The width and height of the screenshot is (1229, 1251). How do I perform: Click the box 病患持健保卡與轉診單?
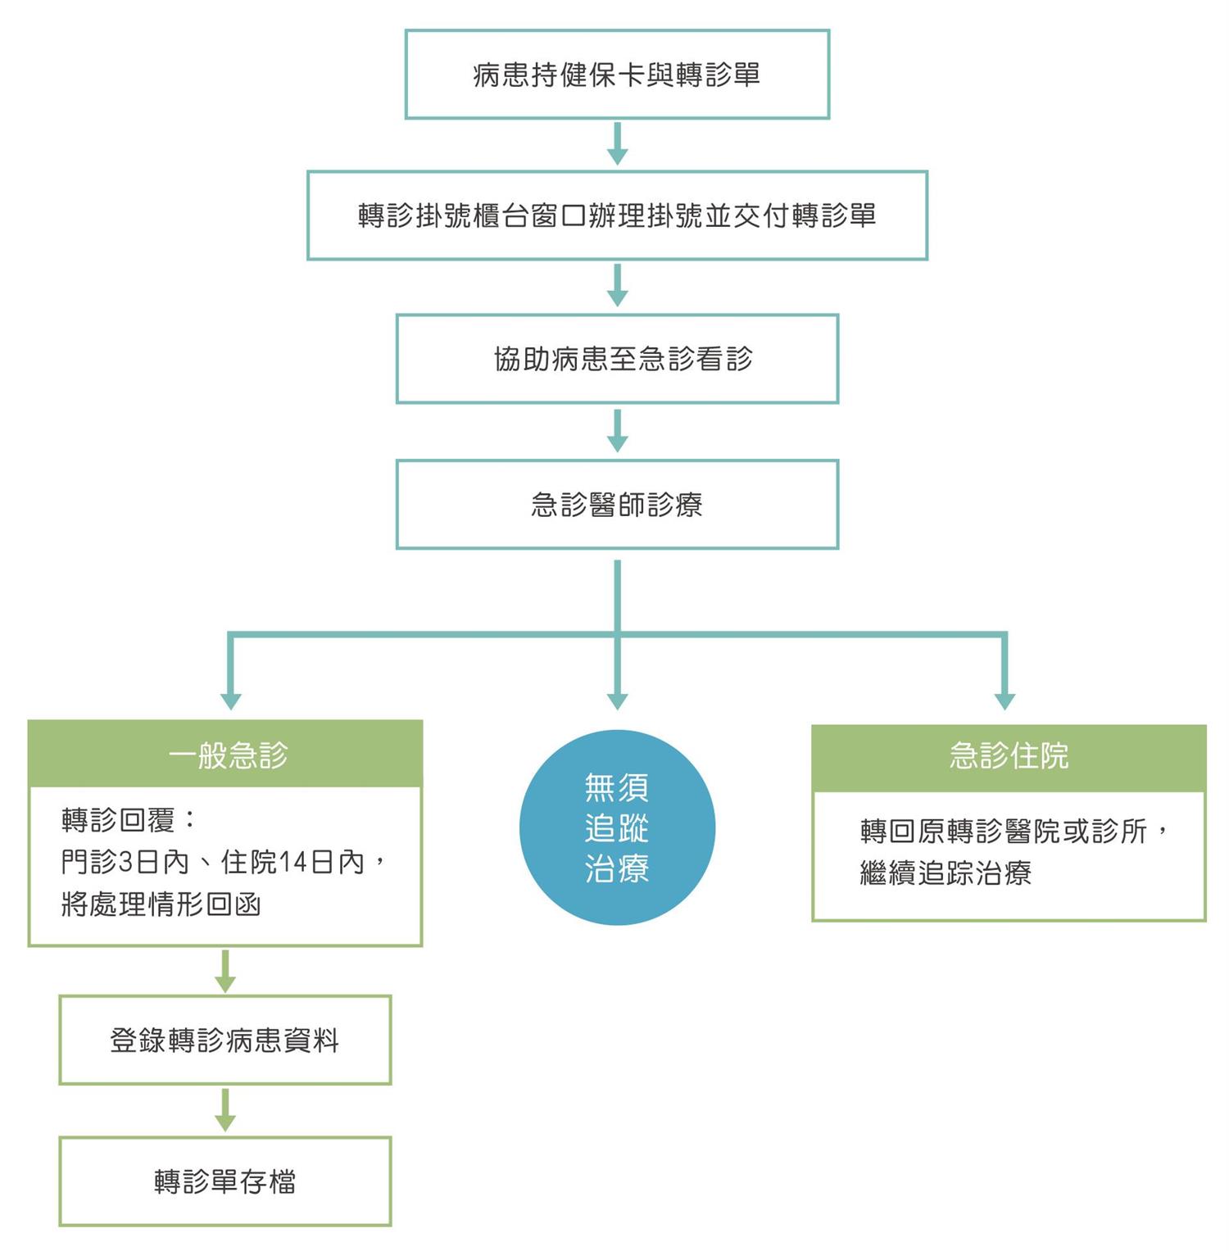tap(617, 75)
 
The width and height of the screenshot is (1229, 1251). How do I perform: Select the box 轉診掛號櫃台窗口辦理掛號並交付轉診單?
tap(617, 215)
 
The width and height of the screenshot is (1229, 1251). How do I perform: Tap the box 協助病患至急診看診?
tap(617, 359)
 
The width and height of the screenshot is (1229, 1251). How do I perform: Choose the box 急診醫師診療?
tap(617, 504)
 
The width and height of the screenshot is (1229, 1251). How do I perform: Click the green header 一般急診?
tap(225, 754)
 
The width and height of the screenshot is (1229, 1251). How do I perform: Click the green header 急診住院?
tap(1009, 758)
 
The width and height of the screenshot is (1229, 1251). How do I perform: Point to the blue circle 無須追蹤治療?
tap(617, 827)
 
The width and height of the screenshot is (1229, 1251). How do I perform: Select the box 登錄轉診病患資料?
tap(225, 1040)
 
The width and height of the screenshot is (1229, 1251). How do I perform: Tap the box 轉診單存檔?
tap(225, 1181)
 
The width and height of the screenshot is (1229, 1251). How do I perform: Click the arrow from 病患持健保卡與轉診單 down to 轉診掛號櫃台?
tap(617, 144)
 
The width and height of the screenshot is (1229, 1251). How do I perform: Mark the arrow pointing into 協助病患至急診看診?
tap(617, 285)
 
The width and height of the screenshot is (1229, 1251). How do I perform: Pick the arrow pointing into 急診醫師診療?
tap(617, 430)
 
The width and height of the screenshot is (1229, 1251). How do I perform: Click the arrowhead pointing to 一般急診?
tap(231, 701)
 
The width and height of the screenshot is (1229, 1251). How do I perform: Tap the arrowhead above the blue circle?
tap(617, 701)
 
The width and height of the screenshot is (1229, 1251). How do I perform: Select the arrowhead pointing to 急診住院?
tap(1005, 701)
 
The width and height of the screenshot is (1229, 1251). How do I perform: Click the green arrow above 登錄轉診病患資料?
tap(225, 972)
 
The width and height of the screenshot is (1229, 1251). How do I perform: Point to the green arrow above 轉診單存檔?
tap(225, 1111)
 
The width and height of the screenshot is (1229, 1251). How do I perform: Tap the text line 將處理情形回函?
tap(161, 904)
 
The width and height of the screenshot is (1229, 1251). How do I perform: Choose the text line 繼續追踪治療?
tap(946, 873)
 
